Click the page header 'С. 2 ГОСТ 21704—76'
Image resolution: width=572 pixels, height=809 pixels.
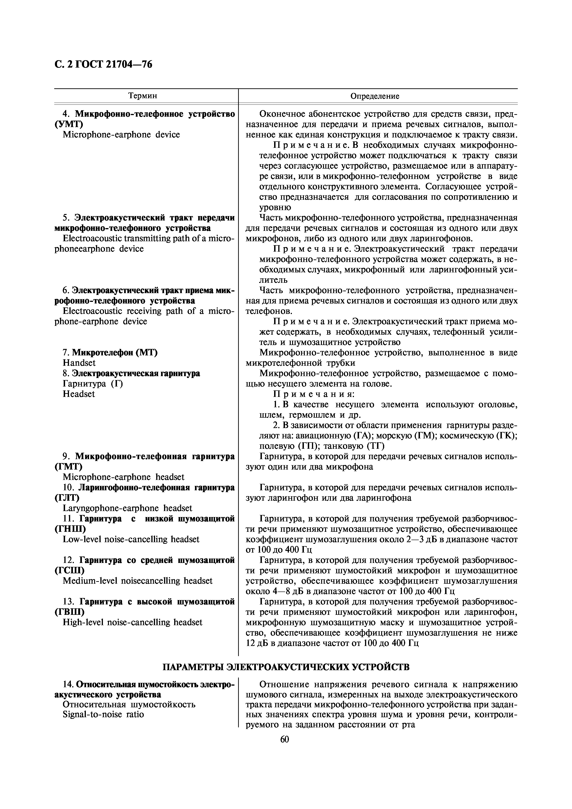[x=103, y=65]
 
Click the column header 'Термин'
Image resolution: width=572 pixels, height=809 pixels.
[x=143, y=96]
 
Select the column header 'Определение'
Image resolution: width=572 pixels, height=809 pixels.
[x=375, y=96]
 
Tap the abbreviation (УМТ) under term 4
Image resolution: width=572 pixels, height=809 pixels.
[x=69, y=124]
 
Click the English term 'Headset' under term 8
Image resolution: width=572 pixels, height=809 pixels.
[x=79, y=394]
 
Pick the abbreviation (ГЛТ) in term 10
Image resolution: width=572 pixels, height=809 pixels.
[x=67, y=498]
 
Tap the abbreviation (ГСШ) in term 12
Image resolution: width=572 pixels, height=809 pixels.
[x=69, y=571]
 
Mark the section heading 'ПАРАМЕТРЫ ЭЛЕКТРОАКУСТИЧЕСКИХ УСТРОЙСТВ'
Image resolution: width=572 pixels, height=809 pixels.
[x=286, y=667]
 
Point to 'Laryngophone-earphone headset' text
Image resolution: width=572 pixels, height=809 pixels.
[x=127, y=508]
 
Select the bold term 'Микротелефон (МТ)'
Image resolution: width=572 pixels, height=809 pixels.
[x=110, y=352]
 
